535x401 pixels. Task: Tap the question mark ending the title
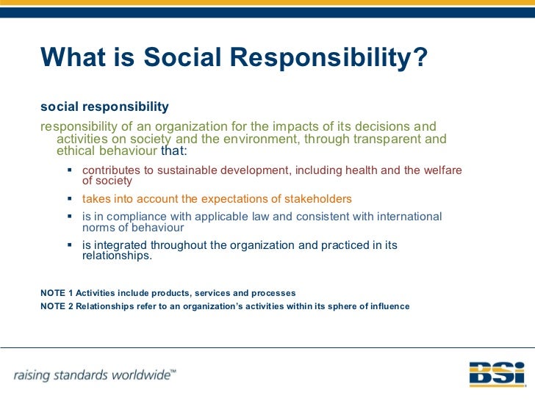coord(420,57)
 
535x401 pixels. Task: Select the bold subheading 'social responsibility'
coord(104,107)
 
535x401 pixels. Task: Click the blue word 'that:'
coord(174,151)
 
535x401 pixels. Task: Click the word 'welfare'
coord(441,170)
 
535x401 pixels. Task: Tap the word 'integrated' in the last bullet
coord(121,245)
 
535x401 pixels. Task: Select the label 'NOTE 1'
coord(57,293)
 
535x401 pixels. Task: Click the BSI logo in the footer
coord(497,375)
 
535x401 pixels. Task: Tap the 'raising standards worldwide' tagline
coord(94,375)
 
